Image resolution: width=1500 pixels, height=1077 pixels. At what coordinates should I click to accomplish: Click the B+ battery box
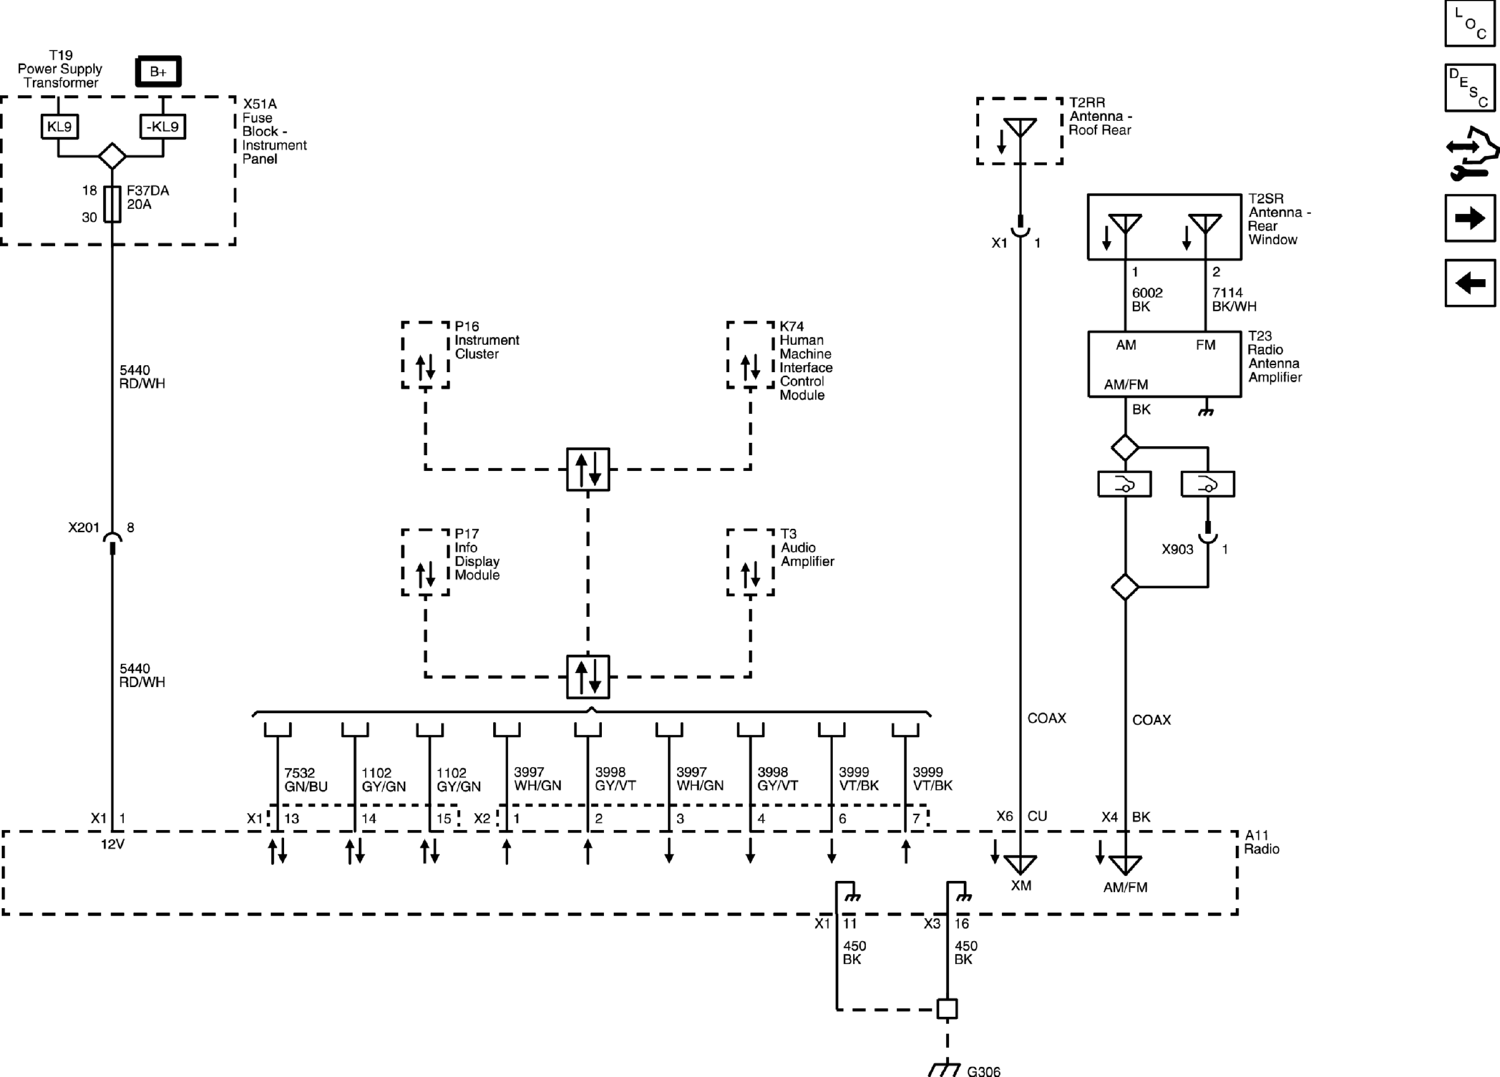coord(158,71)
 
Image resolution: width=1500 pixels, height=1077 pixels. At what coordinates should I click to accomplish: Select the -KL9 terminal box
coord(163,127)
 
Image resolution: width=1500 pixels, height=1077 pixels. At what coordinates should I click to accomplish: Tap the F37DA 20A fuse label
coord(148,197)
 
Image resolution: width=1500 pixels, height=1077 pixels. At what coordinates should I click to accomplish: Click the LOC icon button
coord(1470,23)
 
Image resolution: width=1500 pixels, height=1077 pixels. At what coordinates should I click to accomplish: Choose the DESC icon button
coord(1470,87)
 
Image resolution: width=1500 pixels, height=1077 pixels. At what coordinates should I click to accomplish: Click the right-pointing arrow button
coord(1470,218)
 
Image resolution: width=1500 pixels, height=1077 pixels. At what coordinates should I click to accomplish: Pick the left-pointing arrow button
coord(1470,283)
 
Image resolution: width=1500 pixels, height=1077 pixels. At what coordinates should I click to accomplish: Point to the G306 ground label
coord(984,1071)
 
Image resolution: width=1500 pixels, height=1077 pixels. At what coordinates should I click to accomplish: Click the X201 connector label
coord(84,528)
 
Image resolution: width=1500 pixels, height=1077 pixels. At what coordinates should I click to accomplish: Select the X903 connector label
coord(1177,549)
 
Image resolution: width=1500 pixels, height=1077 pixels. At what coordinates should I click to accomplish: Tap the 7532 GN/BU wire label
coord(306,779)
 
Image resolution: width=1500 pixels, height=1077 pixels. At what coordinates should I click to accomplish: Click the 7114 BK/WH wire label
coord(1234,299)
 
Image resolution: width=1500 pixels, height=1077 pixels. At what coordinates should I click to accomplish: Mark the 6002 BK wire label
coord(1147,299)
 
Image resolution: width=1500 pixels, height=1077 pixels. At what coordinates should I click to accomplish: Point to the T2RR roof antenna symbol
coord(1020,128)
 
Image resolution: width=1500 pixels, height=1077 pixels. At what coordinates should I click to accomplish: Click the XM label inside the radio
coord(1020,885)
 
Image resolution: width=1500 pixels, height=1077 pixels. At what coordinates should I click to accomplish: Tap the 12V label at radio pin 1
coord(113,844)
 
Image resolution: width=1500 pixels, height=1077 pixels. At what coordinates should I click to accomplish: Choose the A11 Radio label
coord(1261,842)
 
